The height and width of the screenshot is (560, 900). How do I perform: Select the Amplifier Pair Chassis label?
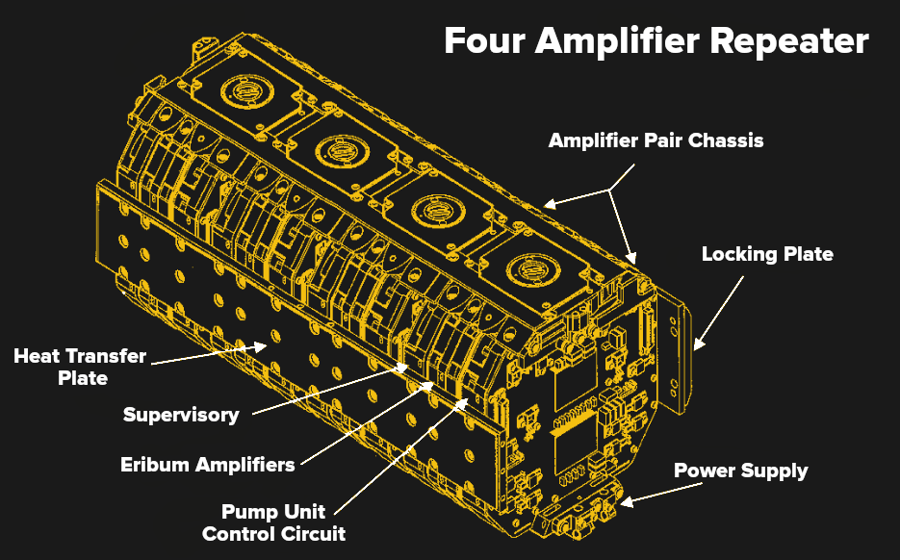656,140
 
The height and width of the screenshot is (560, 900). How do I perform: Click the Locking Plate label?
767,255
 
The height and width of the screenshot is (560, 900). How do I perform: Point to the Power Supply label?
740,471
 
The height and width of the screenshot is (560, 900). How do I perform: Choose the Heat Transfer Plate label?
80,367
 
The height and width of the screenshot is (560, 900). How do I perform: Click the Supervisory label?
181,415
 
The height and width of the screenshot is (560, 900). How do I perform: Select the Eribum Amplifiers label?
207,465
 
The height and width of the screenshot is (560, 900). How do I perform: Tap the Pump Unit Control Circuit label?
273,522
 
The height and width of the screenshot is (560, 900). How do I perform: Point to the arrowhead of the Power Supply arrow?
626,500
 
